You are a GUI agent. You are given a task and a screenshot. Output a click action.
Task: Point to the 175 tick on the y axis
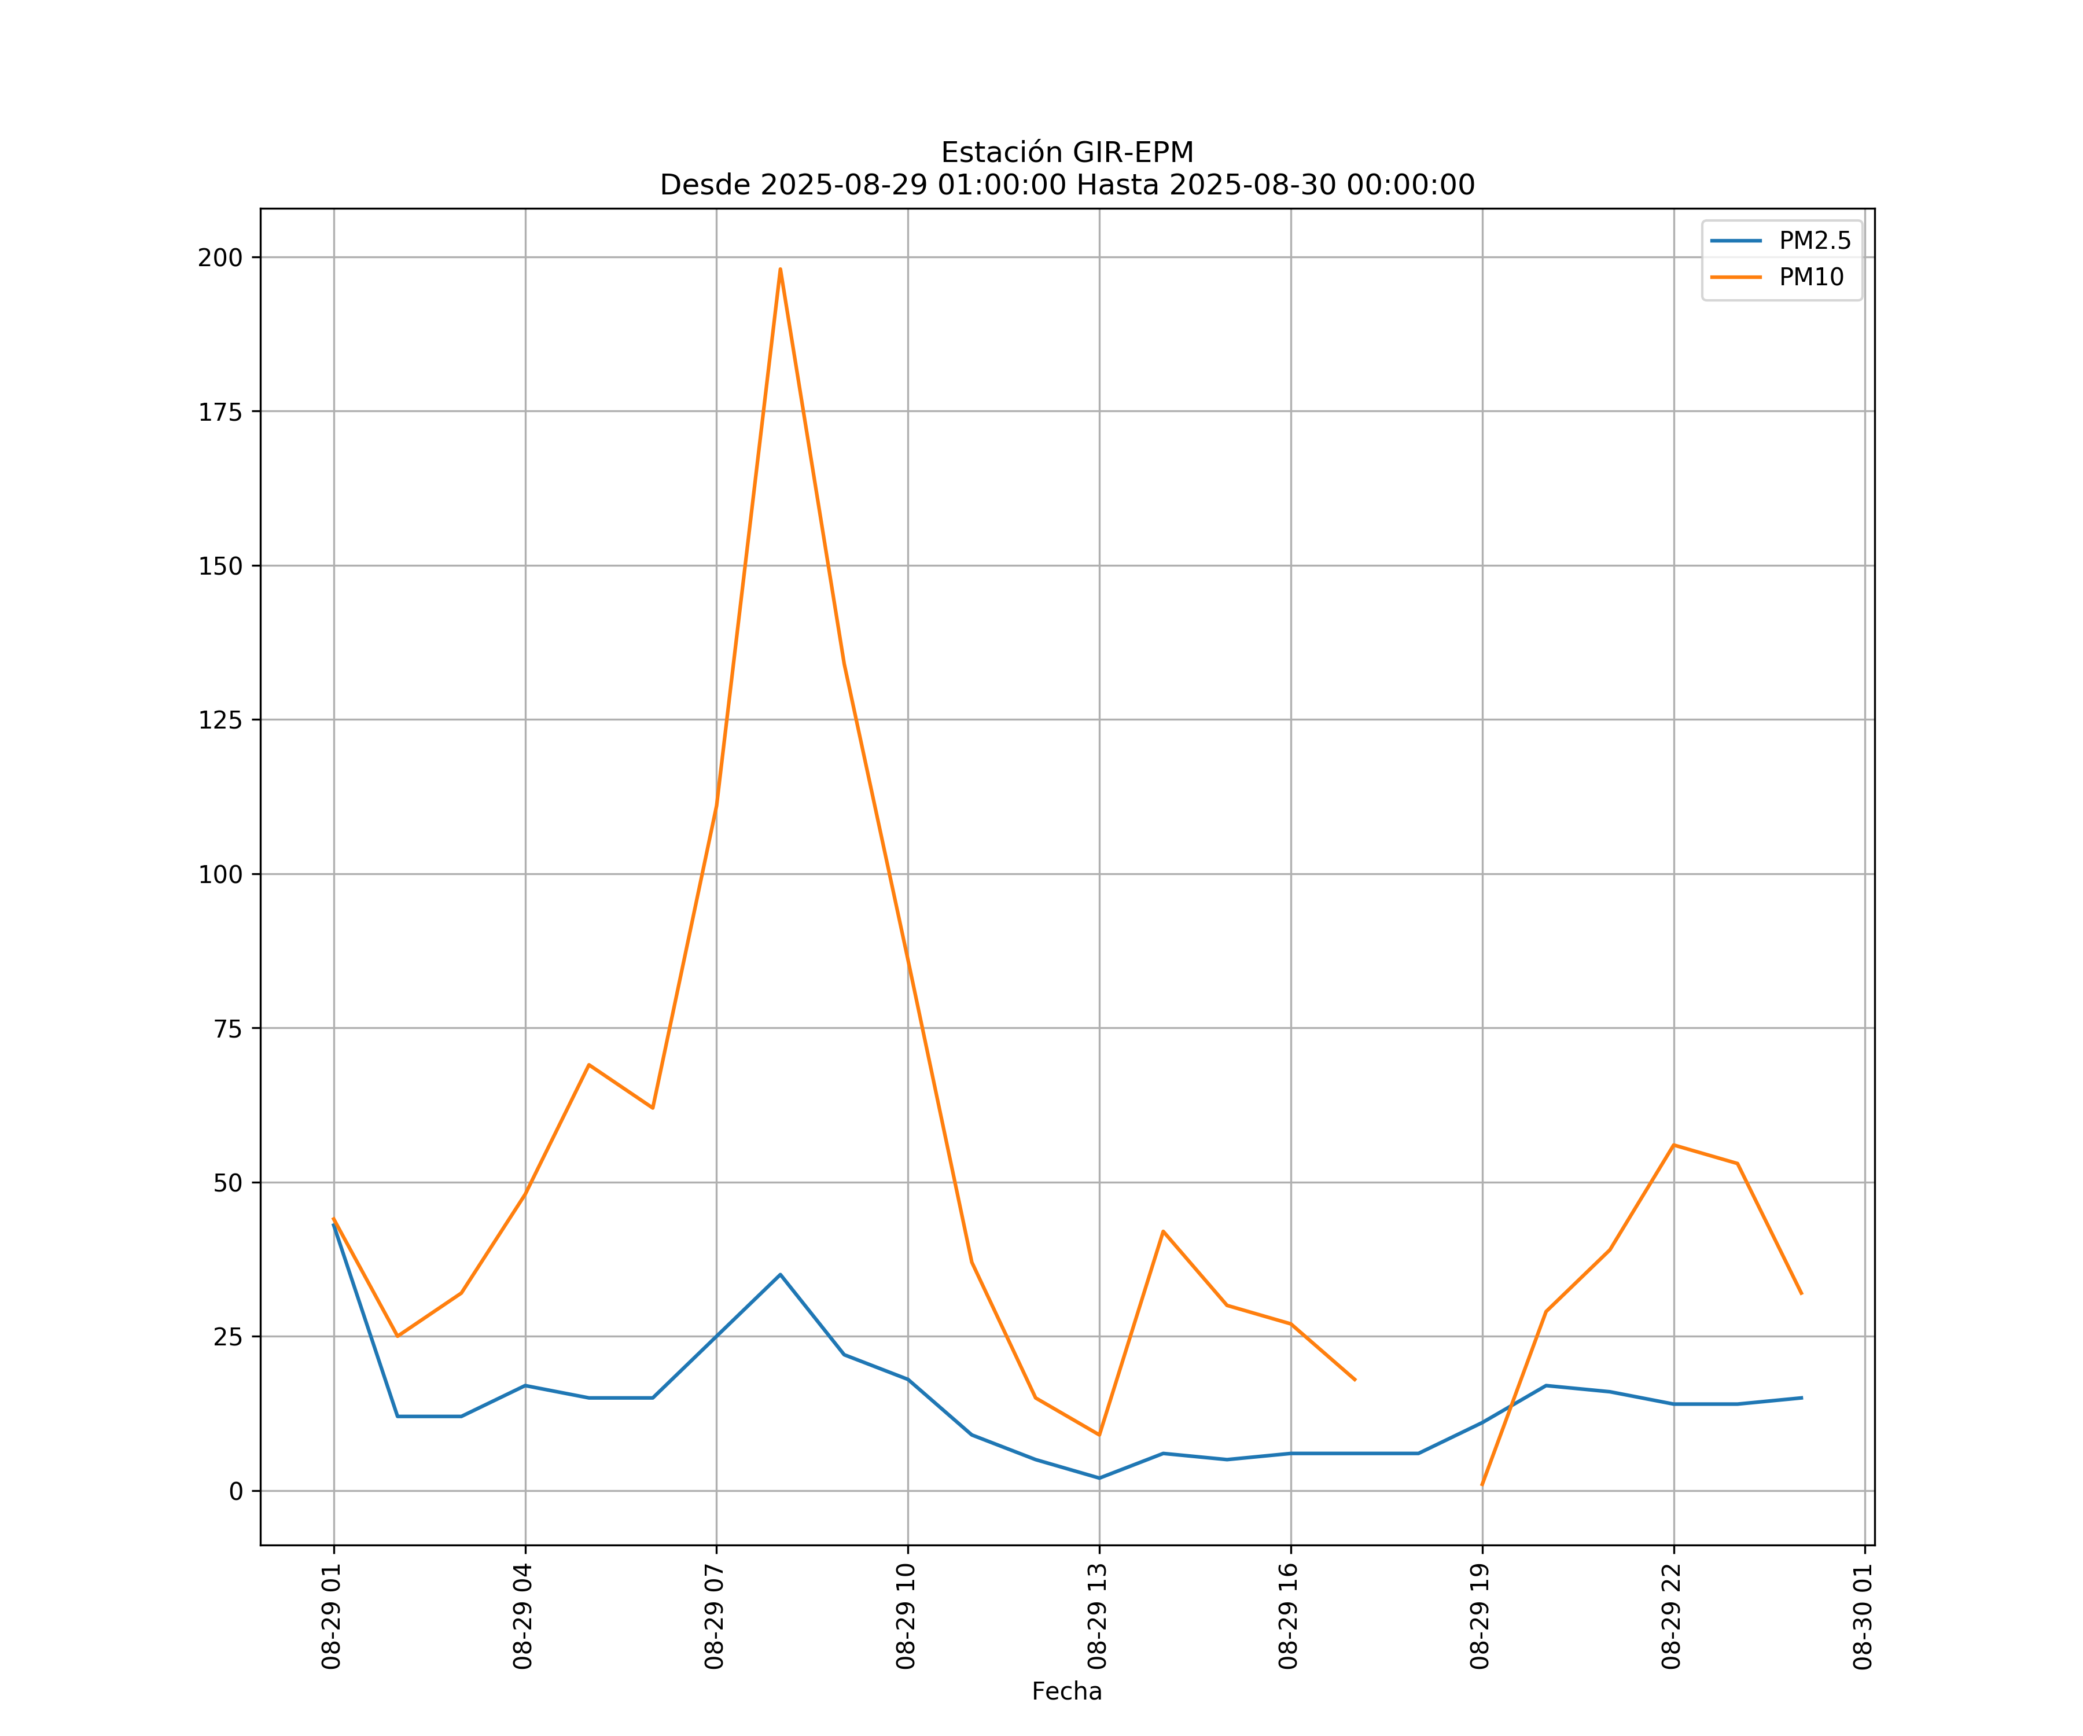tap(220, 411)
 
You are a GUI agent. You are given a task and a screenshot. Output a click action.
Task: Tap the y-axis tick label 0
tap(235, 1491)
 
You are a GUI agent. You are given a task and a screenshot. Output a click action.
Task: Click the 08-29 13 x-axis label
tap(1097, 1616)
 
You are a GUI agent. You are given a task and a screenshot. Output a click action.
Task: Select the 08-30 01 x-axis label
tap(1863, 1616)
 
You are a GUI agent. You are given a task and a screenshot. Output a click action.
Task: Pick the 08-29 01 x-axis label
tap(332, 1616)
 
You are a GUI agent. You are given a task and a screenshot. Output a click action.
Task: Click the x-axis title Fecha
tap(1066, 1691)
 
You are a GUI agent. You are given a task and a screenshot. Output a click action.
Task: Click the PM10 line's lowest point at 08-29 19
tap(1482, 1485)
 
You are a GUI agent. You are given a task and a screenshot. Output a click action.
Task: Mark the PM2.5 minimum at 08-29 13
tap(1099, 1478)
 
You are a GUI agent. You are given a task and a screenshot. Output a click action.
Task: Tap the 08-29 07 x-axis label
tap(714, 1616)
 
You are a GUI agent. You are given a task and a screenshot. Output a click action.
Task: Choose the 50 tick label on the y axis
tap(227, 1182)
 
